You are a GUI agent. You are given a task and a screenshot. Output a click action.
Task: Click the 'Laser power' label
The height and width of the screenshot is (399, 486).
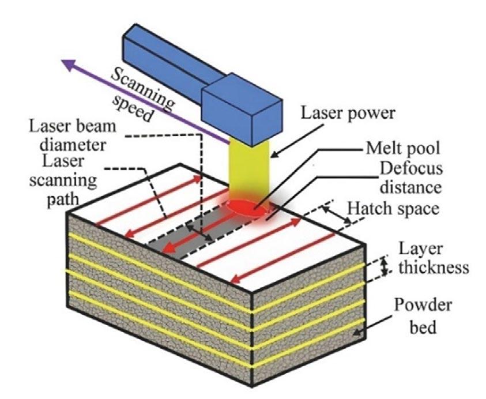tap(347, 114)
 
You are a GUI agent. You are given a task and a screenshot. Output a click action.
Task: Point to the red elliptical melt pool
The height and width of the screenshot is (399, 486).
tap(247, 208)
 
